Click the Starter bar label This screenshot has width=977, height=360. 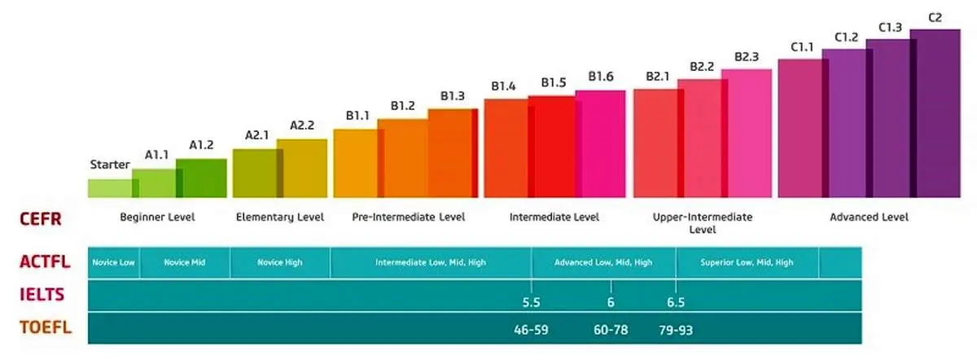110,165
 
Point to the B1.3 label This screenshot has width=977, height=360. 453,96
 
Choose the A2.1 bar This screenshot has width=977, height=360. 254,173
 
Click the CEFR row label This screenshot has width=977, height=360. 40,218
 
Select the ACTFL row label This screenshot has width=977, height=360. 46,261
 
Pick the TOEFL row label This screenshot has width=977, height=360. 44,327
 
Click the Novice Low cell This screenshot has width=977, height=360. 114,262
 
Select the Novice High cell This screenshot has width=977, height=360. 281,262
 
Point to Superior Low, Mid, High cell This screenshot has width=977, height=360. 747,262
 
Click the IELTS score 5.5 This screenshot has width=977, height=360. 531,303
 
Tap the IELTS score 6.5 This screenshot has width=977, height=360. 675,303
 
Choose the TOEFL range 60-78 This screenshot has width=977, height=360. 611,331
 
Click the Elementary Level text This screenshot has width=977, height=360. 279,217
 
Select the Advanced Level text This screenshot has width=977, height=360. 868,217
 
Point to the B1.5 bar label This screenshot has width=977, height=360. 554,82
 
